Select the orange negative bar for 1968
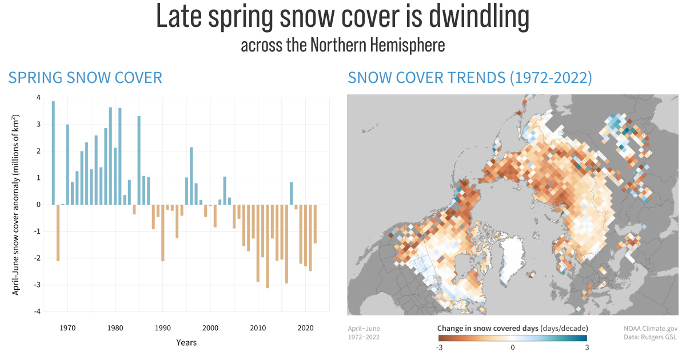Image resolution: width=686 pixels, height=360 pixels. (58, 233)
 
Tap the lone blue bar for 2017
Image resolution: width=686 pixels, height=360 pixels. (292, 194)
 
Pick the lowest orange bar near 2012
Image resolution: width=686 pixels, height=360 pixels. (267, 246)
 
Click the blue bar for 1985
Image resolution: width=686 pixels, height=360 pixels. (139, 160)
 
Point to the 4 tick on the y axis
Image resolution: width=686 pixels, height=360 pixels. (38, 98)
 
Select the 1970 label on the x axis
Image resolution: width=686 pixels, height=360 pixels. (67, 328)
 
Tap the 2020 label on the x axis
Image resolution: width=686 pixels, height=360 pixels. (305, 328)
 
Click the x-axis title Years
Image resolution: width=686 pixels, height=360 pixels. (186, 342)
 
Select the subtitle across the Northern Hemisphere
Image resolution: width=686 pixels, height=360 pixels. (342, 45)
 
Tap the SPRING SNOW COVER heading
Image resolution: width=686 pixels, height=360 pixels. (85, 78)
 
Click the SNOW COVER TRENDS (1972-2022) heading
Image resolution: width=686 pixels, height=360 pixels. (470, 78)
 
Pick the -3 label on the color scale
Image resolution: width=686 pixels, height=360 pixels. (439, 347)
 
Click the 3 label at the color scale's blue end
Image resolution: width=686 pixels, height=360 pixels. (587, 347)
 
